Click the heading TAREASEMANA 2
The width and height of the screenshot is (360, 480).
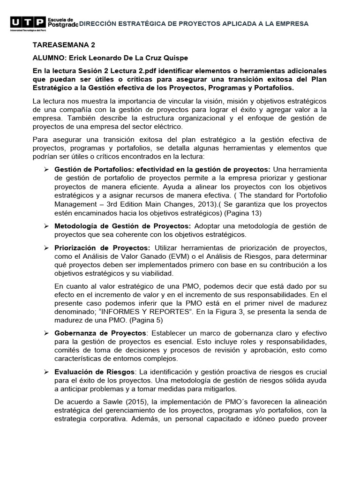pos(63,45)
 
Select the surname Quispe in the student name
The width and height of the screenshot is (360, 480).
pos(162,58)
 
